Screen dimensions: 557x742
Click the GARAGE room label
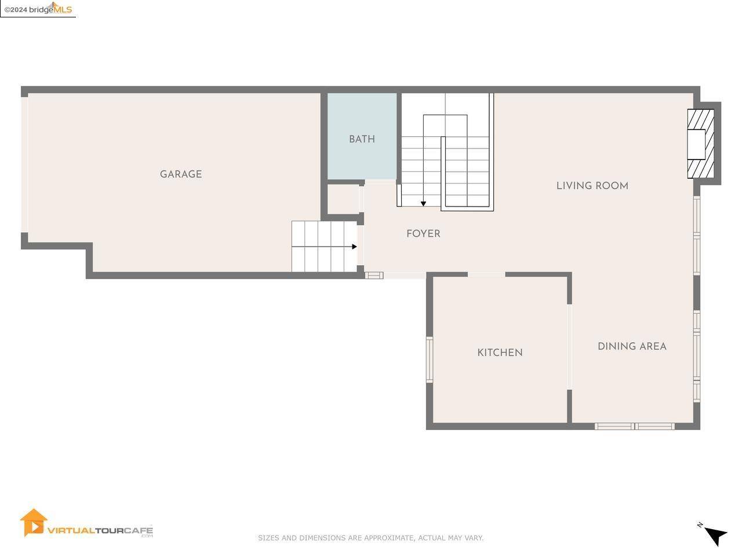181,174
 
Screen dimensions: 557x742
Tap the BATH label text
362,139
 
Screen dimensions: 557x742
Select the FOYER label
423,234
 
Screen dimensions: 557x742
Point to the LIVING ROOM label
592,186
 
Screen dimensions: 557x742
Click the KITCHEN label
500,353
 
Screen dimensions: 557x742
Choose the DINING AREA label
632,346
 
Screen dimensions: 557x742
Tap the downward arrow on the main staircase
423,203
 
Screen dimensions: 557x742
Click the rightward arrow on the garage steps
354,247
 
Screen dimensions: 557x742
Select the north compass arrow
716,536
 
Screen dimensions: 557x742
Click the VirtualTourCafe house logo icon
33,523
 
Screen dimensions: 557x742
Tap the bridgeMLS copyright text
38,9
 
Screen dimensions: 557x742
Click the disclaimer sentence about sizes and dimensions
370,538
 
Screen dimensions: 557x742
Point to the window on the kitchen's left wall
430,360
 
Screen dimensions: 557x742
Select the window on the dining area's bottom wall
634,426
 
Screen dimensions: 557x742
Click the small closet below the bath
343,199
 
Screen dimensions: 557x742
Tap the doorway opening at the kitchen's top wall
486,274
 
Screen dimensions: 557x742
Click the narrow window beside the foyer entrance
374,275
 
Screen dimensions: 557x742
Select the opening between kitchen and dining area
569,346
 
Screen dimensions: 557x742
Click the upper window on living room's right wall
697,235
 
